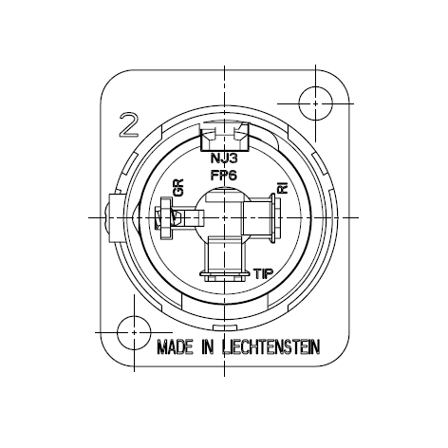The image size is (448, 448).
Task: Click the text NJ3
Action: point(223,160)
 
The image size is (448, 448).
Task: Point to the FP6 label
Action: point(223,176)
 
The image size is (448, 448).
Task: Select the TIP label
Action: point(266,274)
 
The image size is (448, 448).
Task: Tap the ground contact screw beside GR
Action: point(164,217)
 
